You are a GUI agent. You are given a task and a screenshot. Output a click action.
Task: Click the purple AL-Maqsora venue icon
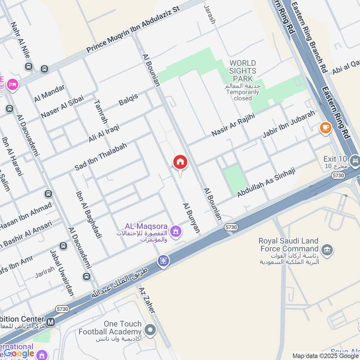pos(176,232)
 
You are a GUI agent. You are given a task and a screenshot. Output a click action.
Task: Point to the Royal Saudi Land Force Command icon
pos(328,249)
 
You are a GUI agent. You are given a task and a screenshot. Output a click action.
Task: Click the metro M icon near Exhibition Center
pos(51,322)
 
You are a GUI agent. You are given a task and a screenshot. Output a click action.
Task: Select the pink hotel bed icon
pos(13,84)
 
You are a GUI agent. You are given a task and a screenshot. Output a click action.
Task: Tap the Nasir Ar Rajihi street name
pos(233,125)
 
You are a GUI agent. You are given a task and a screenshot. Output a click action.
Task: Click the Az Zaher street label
pos(147,300)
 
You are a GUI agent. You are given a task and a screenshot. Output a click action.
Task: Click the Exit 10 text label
pos(335,159)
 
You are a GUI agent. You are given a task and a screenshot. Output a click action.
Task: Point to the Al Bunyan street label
pos(191,218)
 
